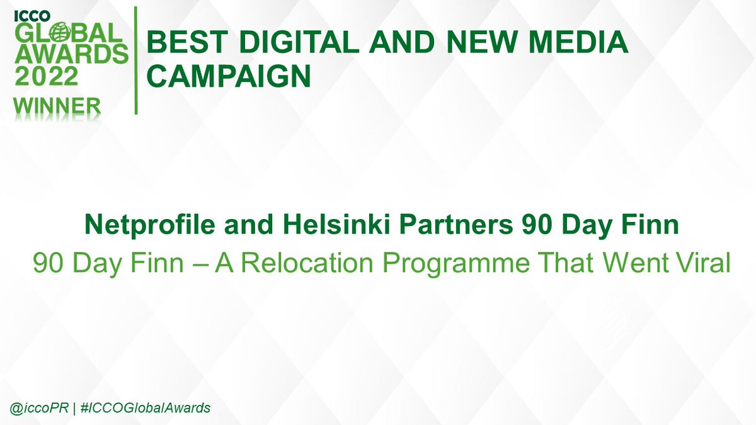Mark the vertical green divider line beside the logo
(x=136, y=60)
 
